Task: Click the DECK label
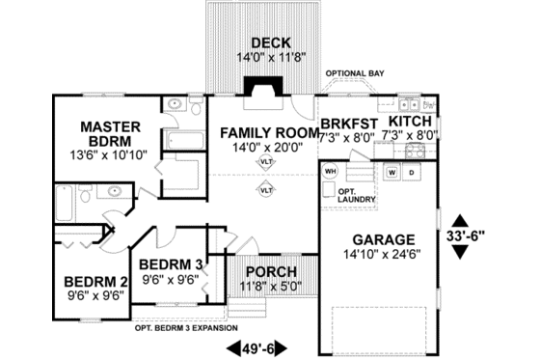point(263,42)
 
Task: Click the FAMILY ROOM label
point(268,131)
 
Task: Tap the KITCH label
point(410,122)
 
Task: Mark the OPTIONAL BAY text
point(356,73)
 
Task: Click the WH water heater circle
point(330,171)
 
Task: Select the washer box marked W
point(392,172)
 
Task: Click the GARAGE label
point(383,239)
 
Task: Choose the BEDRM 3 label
point(170,264)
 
